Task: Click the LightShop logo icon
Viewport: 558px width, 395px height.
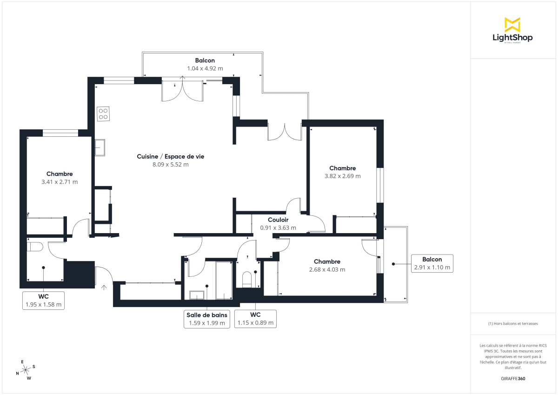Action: pos(512,25)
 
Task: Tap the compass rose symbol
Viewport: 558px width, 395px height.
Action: pos(26,369)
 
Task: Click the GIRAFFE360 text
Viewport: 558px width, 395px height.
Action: pos(513,379)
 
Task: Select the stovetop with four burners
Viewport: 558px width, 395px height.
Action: pos(103,114)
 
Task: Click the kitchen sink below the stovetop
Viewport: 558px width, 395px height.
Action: pos(100,148)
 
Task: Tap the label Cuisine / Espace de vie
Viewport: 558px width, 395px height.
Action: pos(170,157)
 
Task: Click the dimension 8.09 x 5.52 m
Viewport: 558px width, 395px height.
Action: pos(170,164)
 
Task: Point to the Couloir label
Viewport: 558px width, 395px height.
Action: pos(278,220)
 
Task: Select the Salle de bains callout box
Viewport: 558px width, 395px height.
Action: pos(207,319)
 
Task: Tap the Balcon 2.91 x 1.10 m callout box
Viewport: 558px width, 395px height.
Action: pos(432,263)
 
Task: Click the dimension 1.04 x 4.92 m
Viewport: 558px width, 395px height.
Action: pos(205,68)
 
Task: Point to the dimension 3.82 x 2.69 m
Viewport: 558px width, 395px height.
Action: pos(342,176)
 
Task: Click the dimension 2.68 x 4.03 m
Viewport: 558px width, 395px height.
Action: pos(327,269)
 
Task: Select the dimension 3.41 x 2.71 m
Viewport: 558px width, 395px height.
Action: pos(60,182)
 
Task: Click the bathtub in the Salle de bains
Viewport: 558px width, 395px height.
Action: pos(225,281)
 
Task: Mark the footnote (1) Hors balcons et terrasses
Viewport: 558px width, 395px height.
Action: pos(513,323)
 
